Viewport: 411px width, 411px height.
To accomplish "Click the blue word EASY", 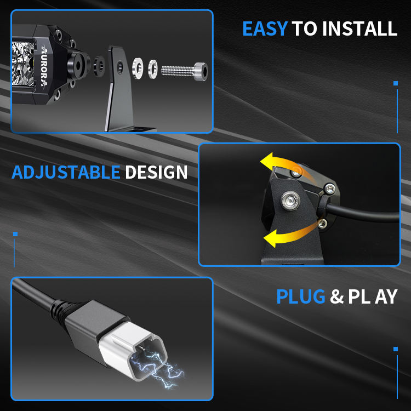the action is [x=265, y=28].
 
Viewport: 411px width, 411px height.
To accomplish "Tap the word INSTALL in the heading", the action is [x=359, y=28].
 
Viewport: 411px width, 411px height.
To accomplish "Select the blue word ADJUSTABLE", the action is [x=66, y=172].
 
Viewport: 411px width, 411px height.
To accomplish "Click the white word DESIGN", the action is [x=156, y=172].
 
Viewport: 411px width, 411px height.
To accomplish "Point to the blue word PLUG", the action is [x=301, y=296].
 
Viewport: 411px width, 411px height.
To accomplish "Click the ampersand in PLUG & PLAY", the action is [x=337, y=296].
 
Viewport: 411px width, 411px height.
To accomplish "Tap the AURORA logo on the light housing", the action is [x=44, y=66].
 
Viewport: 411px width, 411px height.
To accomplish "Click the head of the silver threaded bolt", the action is [x=201, y=71].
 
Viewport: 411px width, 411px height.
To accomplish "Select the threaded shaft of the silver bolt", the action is [x=178, y=71].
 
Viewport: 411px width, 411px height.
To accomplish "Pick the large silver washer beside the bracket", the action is [x=138, y=68].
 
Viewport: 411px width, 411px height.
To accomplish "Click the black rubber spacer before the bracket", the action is [x=99, y=66].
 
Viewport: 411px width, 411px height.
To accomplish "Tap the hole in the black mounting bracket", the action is [x=120, y=67].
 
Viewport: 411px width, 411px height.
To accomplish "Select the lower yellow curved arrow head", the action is [x=271, y=238].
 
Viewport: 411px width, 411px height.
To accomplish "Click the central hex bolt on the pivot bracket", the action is [x=290, y=201].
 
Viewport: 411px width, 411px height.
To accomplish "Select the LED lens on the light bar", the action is [x=23, y=64].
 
